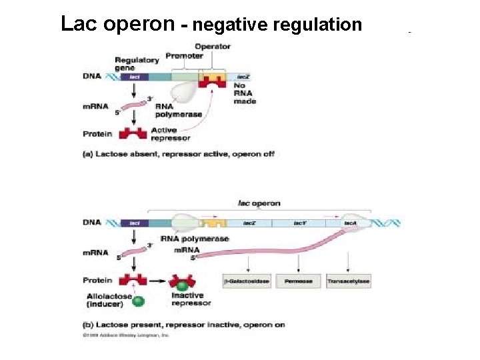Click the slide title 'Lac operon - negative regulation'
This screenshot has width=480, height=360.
pyautogui.click(x=211, y=25)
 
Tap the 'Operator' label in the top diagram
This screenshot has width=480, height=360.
pyautogui.click(x=213, y=47)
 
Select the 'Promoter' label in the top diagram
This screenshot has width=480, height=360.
pyautogui.click(x=184, y=56)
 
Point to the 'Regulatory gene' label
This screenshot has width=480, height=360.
pyautogui.click(x=136, y=64)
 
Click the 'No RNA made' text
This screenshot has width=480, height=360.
pyautogui.click(x=244, y=93)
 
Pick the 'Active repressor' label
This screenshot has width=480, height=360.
pyautogui.click(x=170, y=134)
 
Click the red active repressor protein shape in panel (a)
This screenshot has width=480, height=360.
pyautogui.click(x=133, y=133)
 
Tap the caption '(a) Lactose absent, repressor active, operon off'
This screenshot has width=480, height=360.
pyautogui.click(x=177, y=154)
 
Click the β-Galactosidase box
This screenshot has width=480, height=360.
pyautogui.click(x=247, y=281)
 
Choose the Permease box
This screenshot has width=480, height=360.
pyautogui.click(x=298, y=281)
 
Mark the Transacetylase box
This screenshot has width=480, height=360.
pyautogui.click(x=348, y=281)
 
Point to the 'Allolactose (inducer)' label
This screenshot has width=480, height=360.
pyautogui.click(x=105, y=300)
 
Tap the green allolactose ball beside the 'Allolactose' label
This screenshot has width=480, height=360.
pyautogui.click(x=138, y=301)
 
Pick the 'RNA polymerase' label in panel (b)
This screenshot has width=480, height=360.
pyautogui.click(x=195, y=239)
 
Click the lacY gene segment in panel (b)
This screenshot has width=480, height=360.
pyautogui.click(x=299, y=223)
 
